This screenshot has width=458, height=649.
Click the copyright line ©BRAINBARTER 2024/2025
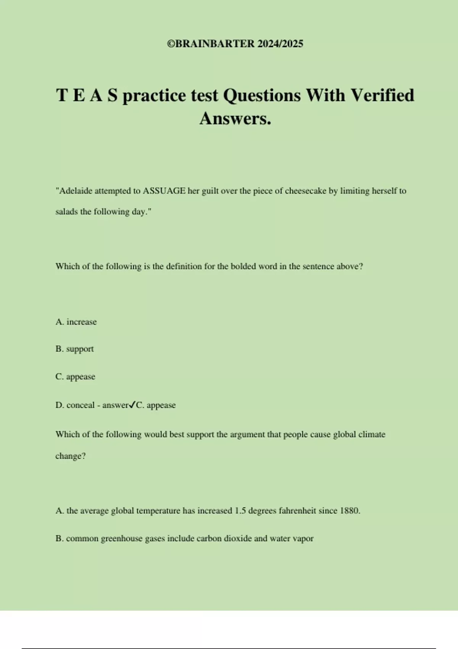point(235,44)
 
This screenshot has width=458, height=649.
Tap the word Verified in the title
point(382,95)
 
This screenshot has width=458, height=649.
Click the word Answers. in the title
point(235,118)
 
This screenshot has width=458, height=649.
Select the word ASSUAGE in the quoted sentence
point(164,191)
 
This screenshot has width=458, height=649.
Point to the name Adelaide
point(76,191)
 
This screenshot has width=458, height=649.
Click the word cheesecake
point(306,191)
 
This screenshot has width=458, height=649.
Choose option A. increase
point(76,322)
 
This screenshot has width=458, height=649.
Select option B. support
point(74,349)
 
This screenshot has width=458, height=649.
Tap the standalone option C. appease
point(75,376)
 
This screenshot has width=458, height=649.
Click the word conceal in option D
point(80,405)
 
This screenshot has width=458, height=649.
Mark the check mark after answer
point(132,405)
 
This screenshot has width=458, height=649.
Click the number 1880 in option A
point(349,511)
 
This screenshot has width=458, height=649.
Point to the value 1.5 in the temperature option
point(240,511)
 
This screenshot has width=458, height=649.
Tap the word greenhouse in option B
point(121,539)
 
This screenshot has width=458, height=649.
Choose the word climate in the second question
point(372,434)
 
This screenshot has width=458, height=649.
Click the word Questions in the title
point(262,95)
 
